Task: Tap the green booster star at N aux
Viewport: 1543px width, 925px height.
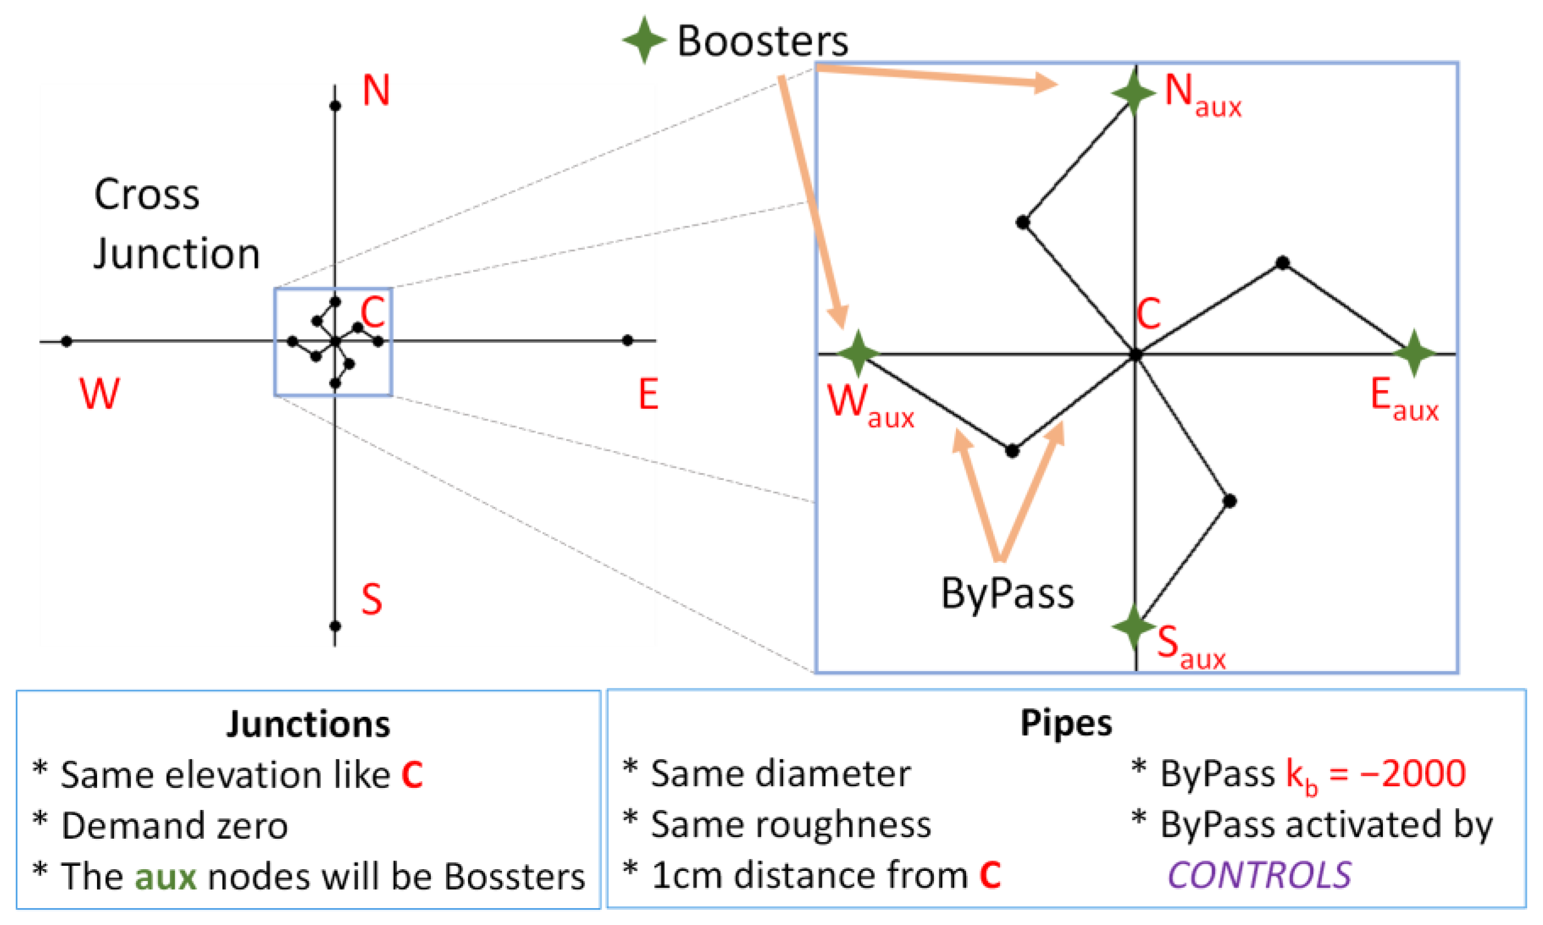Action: click(1134, 93)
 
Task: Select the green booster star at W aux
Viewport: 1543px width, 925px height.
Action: click(858, 354)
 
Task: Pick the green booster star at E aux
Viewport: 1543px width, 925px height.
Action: click(1414, 353)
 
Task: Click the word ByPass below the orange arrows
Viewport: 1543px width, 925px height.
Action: click(1007, 593)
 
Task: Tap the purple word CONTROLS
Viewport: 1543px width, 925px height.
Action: click(1259, 874)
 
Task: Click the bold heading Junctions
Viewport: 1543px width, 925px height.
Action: click(308, 724)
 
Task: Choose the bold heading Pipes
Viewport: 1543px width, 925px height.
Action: click(1066, 723)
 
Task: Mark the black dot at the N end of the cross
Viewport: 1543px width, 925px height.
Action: click(334, 106)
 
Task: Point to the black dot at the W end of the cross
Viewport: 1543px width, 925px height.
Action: click(67, 341)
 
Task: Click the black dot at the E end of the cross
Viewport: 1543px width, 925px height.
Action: click(628, 340)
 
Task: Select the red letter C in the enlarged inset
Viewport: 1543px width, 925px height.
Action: click(1149, 314)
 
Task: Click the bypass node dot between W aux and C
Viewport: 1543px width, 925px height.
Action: click(1012, 451)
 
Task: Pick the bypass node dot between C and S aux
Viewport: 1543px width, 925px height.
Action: click(1229, 500)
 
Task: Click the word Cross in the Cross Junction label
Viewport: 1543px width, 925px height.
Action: click(147, 195)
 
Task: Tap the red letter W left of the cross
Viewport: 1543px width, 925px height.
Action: click(100, 394)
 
